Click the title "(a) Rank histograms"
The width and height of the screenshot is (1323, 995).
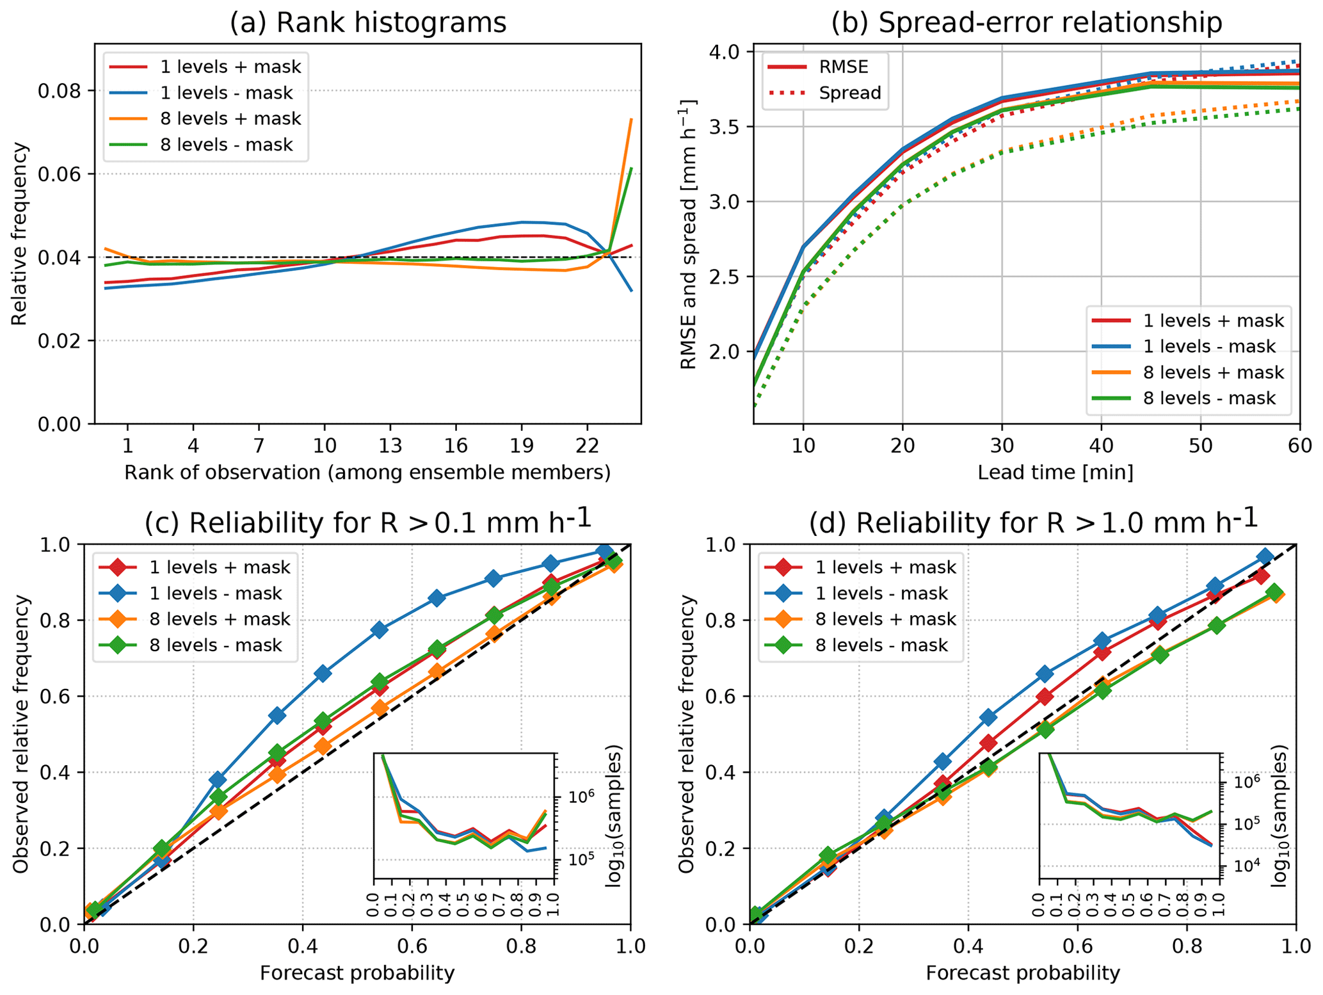pos(368,23)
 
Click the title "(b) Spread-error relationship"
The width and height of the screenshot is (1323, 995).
pos(1026,23)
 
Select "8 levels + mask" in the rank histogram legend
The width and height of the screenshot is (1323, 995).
pos(230,118)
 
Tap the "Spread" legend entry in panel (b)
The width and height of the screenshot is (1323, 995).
pos(850,93)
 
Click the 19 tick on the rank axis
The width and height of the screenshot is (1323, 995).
pos(522,444)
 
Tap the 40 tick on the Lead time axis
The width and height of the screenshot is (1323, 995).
pos(1102,444)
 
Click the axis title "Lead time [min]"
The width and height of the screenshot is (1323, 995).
pos(1055,473)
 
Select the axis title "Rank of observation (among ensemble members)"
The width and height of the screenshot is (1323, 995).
pos(367,473)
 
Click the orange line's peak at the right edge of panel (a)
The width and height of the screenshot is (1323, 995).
pos(631,119)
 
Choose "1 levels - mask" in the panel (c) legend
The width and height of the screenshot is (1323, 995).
pos(216,594)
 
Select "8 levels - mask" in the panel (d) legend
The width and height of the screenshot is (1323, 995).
pos(882,645)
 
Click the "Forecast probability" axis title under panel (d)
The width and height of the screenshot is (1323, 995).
pos(1023,973)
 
